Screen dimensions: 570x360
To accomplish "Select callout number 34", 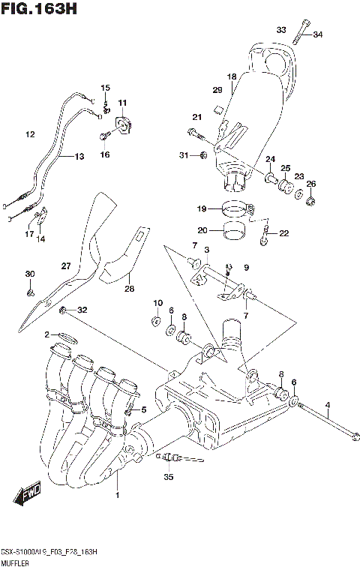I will coord(317,34).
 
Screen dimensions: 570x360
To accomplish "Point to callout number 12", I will coord(30,135).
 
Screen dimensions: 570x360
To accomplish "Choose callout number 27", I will coord(66,266).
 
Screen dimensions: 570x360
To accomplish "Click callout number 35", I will coord(168,476).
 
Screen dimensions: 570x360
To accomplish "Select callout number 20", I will coord(201,230).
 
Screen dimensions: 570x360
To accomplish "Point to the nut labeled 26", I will coord(312,200).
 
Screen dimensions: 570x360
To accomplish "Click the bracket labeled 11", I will coord(122,122).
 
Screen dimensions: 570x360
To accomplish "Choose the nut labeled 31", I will coord(203,155).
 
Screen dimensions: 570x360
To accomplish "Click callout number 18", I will coord(232,76).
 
